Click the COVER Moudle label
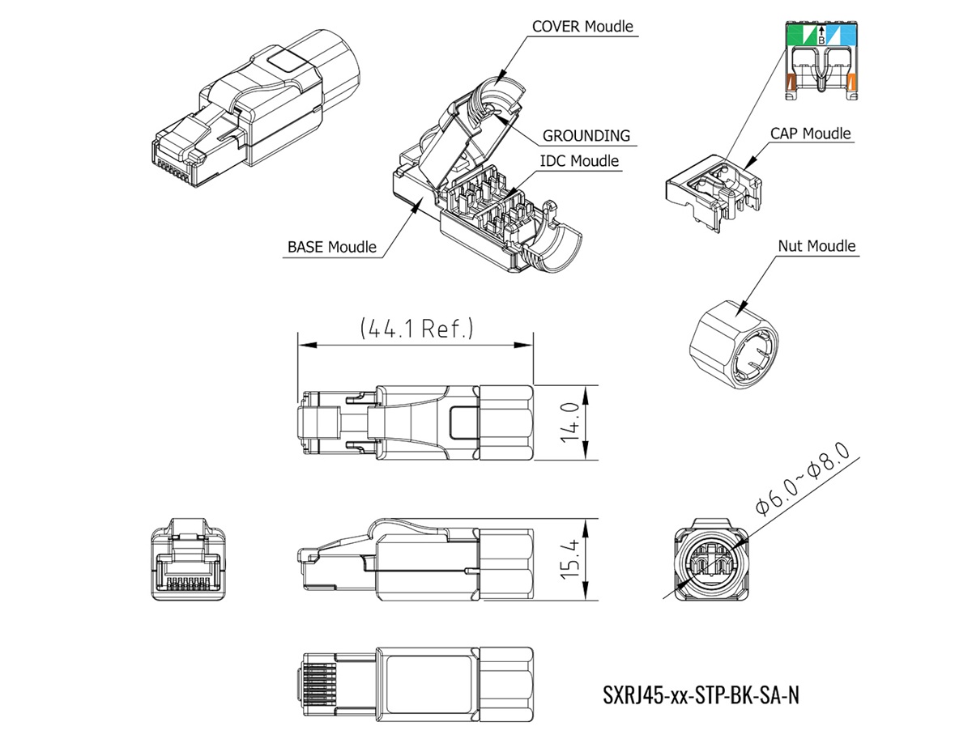582,26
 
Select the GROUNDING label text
586,135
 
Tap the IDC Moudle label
579,160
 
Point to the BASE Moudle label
331,247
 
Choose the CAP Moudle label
810,134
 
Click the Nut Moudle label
816,245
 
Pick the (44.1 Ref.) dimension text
416,328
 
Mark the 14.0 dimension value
570,423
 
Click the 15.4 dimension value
570,558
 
